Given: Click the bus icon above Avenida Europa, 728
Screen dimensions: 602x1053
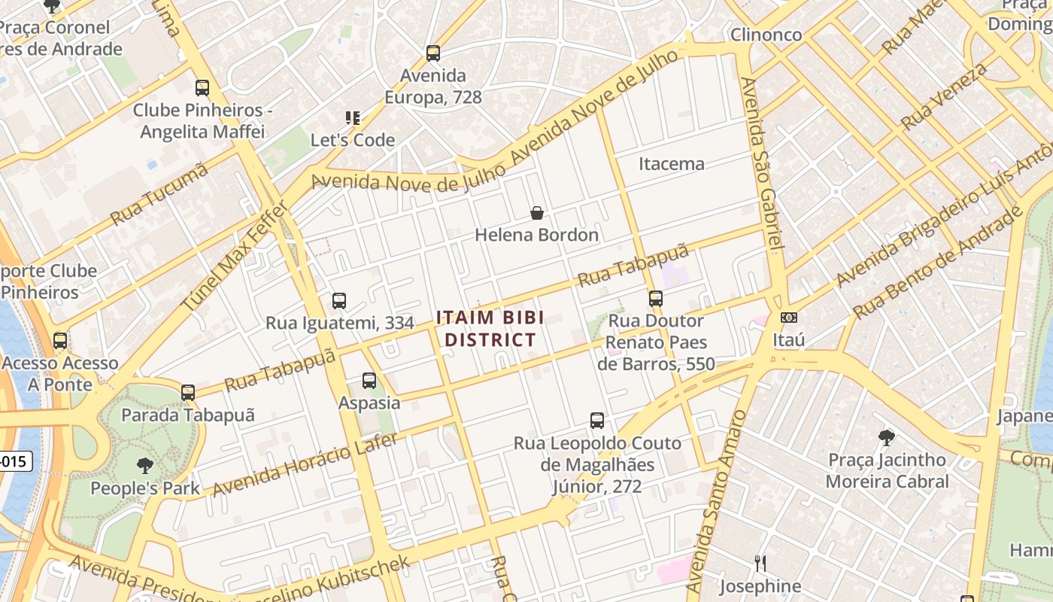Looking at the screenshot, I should pos(432,53).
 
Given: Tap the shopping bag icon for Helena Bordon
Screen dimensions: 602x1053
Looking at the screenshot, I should pos(537,213).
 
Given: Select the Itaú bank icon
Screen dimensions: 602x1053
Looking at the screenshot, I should pos(788,318).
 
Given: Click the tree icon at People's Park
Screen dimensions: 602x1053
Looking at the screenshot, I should pos(145,466).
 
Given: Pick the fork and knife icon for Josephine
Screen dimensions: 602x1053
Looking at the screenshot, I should pos(760,563).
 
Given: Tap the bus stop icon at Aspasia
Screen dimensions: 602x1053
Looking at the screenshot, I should pos(369,381).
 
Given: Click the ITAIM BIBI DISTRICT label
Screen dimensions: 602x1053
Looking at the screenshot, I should pos(490,329).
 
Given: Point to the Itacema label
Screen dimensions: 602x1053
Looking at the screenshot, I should pos(671,163).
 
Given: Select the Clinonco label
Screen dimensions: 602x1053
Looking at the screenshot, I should pos(766,35).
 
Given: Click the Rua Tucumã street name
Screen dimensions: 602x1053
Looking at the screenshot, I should pos(159,194).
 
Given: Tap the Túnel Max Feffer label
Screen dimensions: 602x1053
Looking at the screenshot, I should pos(234,255).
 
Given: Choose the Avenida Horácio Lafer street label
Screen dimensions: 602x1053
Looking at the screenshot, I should pos(305,464).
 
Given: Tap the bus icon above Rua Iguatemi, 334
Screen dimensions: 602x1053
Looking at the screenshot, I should pos(339,301).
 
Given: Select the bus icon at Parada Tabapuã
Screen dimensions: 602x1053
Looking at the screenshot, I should pos(188,393).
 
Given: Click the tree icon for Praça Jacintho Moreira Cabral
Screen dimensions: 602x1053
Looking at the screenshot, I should pos(887,437).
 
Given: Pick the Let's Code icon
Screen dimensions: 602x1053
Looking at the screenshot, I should pos(353,118).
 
